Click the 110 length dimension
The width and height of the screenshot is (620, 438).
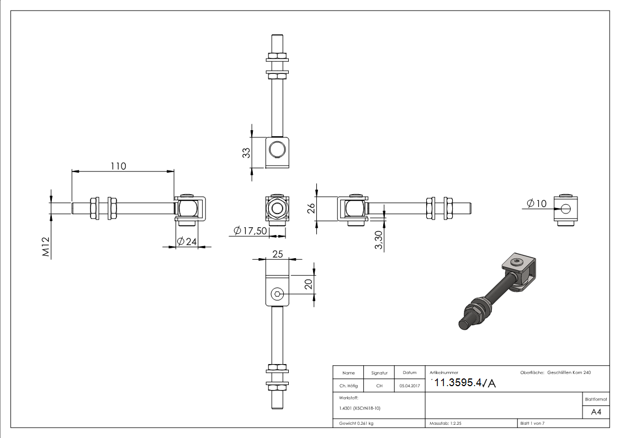(x=118, y=165)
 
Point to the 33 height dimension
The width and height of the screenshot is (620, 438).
(x=247, y=152)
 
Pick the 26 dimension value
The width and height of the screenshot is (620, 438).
(x=311, y=208)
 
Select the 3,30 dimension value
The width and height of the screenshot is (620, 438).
(x=379, y=241)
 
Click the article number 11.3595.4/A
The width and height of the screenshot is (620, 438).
(x=465, y=383)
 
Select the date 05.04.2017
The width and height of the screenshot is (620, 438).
(x=409, y=386)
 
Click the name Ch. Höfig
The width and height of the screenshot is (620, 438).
(x=348, y=386)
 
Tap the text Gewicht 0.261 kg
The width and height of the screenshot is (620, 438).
(x=356, y=424)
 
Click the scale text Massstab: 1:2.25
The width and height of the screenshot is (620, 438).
(x=449, y=424)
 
